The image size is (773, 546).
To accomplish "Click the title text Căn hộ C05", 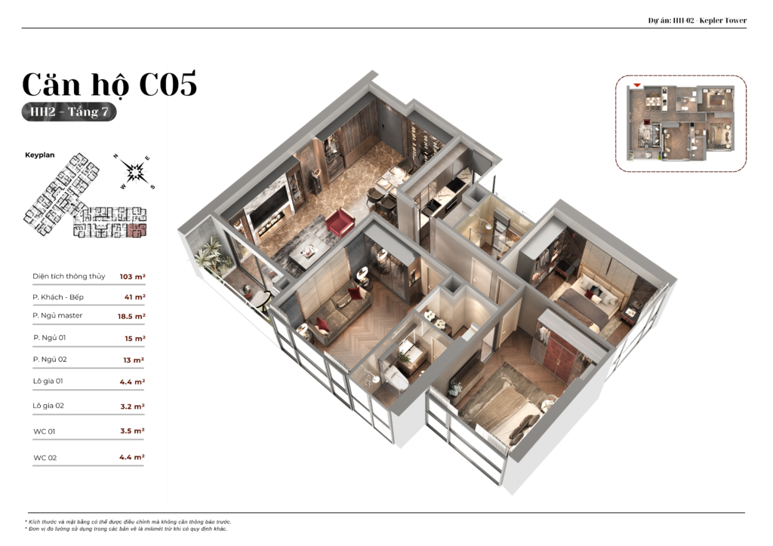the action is (x=109, y=84).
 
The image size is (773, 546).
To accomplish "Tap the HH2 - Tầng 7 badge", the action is (x=69, y=112).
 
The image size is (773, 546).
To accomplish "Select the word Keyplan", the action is (x=40, y=155).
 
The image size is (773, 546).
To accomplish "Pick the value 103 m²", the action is (x=133, y=277).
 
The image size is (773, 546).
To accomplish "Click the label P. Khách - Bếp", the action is (x=58, y=297).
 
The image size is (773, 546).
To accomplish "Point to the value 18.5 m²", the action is (x=131, y=316).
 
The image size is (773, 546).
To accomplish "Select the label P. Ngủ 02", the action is (x=50, y=360).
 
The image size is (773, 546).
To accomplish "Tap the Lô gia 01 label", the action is (x=48, y=381).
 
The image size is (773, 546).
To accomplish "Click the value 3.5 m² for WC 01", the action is (x=133, y=431).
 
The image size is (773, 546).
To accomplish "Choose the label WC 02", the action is (x=45, y=458).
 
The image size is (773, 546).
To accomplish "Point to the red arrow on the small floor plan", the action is (x=637, y=86).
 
